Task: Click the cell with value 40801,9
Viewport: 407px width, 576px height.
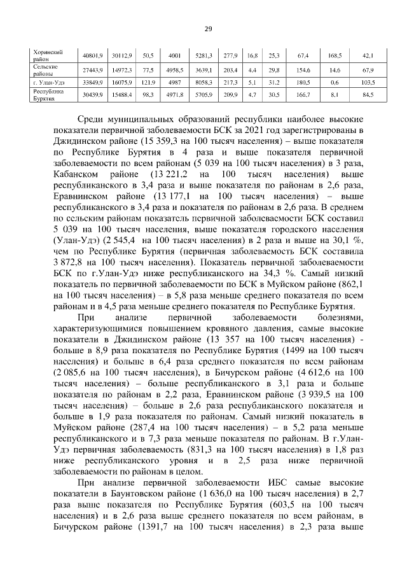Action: click(88, 55)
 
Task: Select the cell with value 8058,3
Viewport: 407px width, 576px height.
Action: click(204, 82)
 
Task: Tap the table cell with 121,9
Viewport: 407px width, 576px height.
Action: click(149, 82)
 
